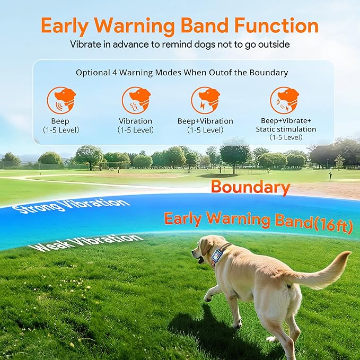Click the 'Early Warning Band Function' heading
click(x=180, y=25)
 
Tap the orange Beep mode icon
click(x=60, y=100)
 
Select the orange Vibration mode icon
click(x=136, y=100)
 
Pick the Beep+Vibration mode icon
click(x=205, y=100)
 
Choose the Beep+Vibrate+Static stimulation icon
click(x=285, y=100)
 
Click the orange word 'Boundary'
click(x=250, y=187)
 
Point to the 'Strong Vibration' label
click(x=74, y=205)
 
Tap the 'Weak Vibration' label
click(x=86, y=243)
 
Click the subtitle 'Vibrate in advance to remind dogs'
click(x=180, y=45)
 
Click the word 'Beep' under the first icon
click(x=60, y=121)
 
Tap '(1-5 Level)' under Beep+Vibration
click(x=205, y=130)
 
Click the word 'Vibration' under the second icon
click(x=136, y=121)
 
